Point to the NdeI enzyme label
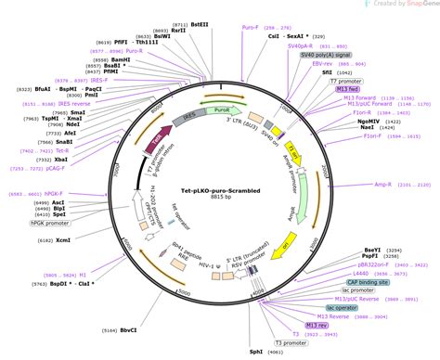click(72, 124)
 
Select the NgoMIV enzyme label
click(368, 121)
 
